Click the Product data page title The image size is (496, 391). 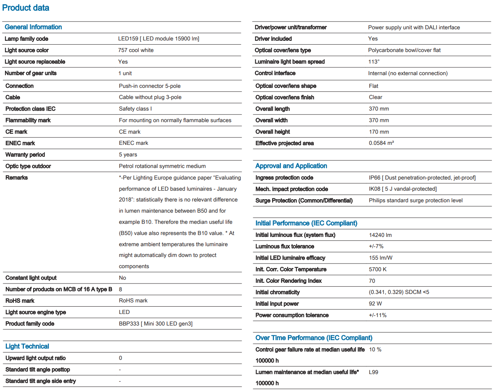click(26, 8)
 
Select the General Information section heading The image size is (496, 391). click(33, 27)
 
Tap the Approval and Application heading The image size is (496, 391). click(291, 166)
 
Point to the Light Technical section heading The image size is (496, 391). click(27, 346)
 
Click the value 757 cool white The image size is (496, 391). click(136, 50)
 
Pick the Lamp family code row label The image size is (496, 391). click(26, 39)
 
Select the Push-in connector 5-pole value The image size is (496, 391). click(150, 86)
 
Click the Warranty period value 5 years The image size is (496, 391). click(128, 154)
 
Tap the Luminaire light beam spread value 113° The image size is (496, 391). click(373, 62)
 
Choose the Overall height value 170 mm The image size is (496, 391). click(378, 132)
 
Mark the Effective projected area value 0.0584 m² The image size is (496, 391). click(381, 143)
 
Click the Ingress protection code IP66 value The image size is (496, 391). click(422, 178)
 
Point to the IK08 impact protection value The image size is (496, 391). click(402, 189)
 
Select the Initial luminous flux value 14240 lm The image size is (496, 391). click(380, 235)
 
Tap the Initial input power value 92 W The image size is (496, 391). click(375, 304)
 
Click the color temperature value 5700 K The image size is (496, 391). click(377, 269)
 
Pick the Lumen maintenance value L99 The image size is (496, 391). click(373, 372)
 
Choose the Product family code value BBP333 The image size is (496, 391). click(155, 324)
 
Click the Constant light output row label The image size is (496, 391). click(31, 278)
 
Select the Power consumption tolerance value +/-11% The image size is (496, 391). click(377, 315)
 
